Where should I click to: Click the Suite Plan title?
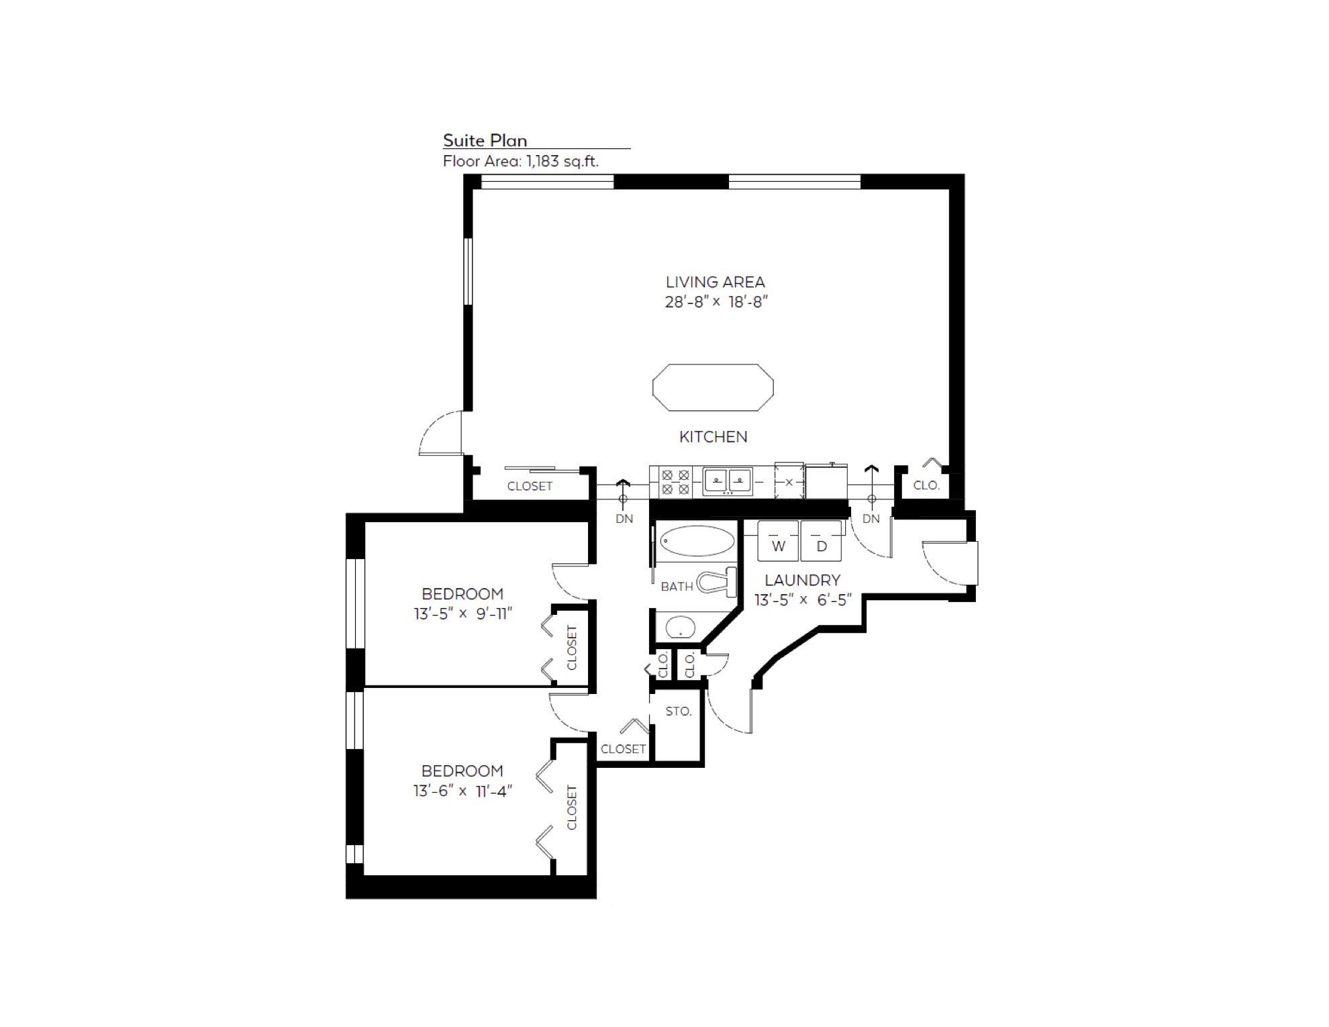click(x=485, y=140)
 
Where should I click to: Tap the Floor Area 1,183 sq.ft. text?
click(x=521, y=161)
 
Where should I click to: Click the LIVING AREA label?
click(x=716, y=282)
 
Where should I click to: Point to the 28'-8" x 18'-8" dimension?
click(x=716, y=302)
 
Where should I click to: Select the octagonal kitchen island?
click(x=713, y=387)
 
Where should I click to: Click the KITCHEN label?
click(x=713, y=437)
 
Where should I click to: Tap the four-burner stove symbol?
click(x=675, y=483)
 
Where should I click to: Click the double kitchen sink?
click(x=728, y=481)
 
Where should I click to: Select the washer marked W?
click(x=778, y=541)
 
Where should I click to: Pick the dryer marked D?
click(x=821, y=541)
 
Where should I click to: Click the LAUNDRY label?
click(x=802, y=580)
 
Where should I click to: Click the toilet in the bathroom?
click(x=717, y=582)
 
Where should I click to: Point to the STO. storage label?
click(x=679, y=712)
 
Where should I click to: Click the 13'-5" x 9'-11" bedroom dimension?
click(x=463, y=614)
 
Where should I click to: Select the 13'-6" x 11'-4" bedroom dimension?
click(x=463, y=791)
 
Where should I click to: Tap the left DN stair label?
click(x=624, y=519)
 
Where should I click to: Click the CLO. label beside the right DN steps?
click(x=926, y=485)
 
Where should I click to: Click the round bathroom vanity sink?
click(x=680, y=627)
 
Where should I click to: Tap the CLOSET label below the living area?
click(x=530, y=486)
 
